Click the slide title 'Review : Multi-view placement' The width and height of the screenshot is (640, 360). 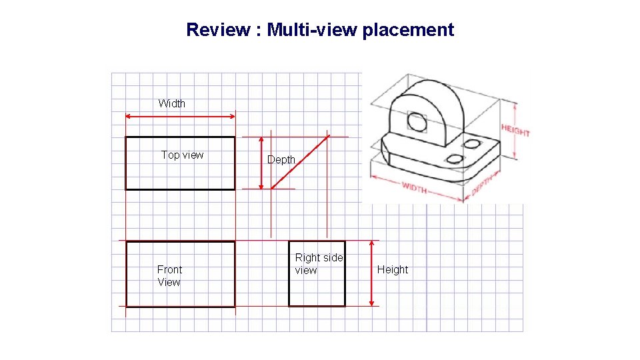tap(320, 30)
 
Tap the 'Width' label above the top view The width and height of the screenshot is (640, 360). tap(172, 103)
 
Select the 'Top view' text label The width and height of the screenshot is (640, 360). tap(182, 155)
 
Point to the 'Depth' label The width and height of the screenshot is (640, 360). tap(281, 160)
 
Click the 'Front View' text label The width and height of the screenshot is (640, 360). tap(169, 275)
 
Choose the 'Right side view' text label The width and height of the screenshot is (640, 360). tap(319, 263)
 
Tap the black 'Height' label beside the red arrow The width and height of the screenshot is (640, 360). tap(393, 269)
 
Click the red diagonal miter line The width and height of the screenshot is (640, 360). tap(300, 162)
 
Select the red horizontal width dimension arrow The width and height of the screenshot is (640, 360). tap(181, 117)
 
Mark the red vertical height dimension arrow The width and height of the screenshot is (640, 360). tap(371, 273)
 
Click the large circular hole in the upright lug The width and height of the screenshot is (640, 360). tap(417, 122)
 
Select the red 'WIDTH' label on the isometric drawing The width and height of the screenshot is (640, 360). tap(414, 189)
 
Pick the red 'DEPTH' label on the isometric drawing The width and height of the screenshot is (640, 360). tap(482, 185)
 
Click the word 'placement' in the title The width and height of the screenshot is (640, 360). tap(408, 30)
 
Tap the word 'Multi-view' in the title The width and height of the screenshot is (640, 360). tap(312, 30)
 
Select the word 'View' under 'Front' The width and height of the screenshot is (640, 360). tap(169, 282)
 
